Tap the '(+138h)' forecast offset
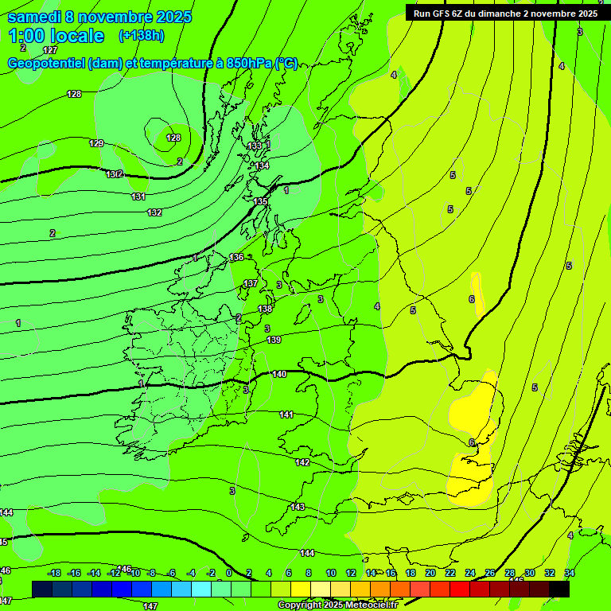pos(141,35)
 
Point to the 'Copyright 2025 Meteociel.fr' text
pos(337,605)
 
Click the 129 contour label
pos(96,143)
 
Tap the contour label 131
pos(138,197)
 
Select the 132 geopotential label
pos(154,212)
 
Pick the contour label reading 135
pos(261,201)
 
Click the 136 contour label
pos(236,257)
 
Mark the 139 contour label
pos(274,340)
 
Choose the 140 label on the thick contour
pos(279,374)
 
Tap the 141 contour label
pos(286,414)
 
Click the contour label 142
pos(302,462)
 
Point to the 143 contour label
pos(298,507)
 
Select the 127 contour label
pos(50,50)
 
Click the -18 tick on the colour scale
pos(54,573)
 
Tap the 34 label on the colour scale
pos(570,573)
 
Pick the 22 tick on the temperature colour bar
pos(449,573)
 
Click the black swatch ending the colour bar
pos(559,589)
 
